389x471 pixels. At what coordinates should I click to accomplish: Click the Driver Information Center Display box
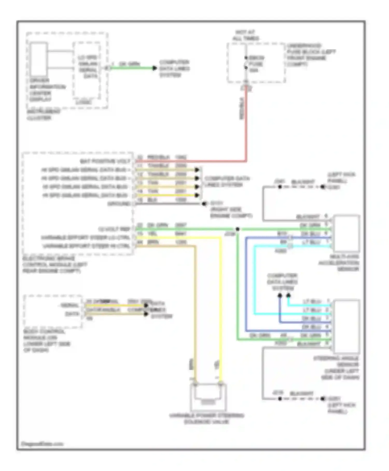(x=39, y=59)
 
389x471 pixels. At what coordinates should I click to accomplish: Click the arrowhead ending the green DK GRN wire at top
(x=155, y=68)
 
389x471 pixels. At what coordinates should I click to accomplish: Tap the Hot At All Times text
(x=245, y=35)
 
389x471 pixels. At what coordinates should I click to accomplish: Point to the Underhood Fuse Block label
(x=311, y=55)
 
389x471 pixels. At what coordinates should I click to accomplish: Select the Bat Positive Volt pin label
(x=105, y=162)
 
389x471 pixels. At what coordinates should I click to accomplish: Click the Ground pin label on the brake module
(x=119, y=204)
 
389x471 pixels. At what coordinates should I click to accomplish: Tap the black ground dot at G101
(x=204, y=204)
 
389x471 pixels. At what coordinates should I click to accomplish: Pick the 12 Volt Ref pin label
(x=114, y=229)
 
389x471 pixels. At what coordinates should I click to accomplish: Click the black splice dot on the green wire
(x=237, y=229)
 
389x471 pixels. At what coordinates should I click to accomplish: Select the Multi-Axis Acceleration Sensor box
(x=347, y=233)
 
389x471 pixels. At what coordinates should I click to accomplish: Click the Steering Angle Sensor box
(x=347, y=327)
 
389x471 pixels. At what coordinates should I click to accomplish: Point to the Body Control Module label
(x=47, y=341)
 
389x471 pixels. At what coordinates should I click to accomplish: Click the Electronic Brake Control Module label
(x=55, y=265)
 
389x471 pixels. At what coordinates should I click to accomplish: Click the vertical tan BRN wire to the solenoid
(x=195, y=312)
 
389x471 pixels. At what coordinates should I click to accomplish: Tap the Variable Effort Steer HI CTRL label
(x=86, y=246)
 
